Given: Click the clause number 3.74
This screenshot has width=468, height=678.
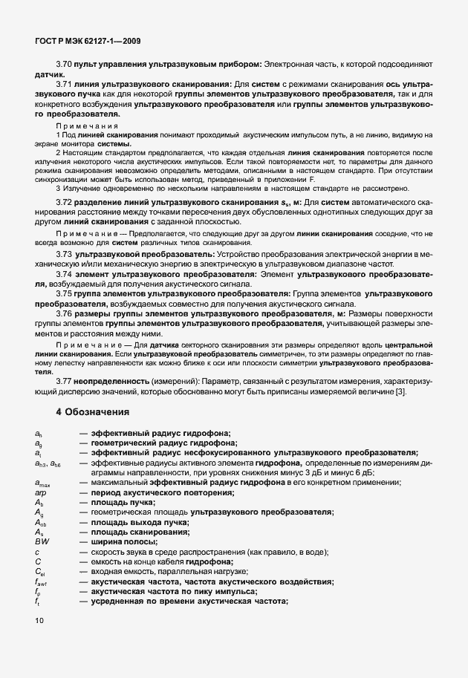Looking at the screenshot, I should [x=65, y=274].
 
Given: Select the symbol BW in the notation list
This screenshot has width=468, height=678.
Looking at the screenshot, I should [x=42, y=541].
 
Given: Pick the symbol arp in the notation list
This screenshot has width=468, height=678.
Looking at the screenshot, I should [x=40, y=493].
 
